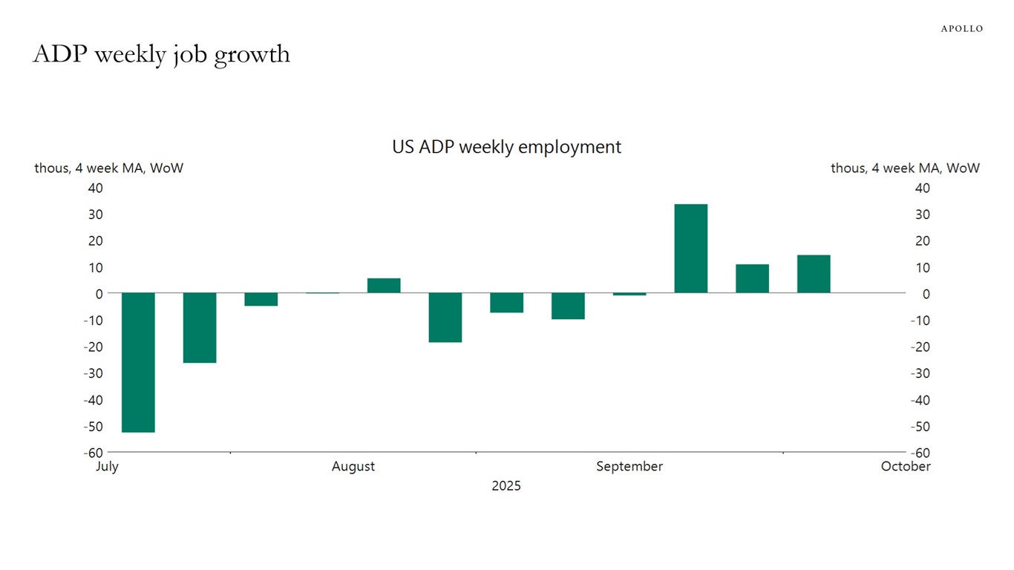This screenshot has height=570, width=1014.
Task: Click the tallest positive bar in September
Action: (x=690, y=249)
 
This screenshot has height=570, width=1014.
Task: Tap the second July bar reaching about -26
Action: (x=200, y=327)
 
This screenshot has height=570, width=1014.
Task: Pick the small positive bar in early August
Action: (x=384, y=286)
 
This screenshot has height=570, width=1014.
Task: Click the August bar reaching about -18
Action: (x=445, y=318)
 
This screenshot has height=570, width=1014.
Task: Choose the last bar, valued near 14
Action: (x=814, y=274)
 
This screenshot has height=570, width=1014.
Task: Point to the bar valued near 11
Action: (x=752, y=278)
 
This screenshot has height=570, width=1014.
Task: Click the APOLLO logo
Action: (x=961, y=28)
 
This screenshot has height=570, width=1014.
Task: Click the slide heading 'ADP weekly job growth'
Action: (x=161, y=54)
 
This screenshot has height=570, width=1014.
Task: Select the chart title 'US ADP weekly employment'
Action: (x=506, y=147)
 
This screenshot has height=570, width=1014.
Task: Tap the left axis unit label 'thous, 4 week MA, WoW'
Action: (x=108, y=168)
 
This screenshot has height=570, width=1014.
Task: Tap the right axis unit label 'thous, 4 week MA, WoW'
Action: (x=905, y=168)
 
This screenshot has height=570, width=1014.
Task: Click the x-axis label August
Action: (x=353, y=467)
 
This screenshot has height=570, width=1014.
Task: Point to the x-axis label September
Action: (x=629, y=467)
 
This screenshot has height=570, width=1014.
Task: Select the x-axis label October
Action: (x=906, y=467)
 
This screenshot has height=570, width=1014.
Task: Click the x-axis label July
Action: (x=108, y=467)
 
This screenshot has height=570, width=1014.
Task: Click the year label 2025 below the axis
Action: (x=506, y=486)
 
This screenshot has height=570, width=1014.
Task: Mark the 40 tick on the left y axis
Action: (x=95, y=189)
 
